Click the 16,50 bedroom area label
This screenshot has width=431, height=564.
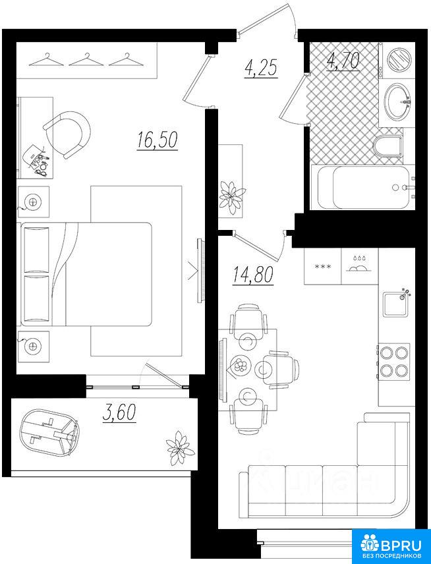[158, 140]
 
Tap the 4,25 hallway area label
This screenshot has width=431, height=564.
[261, 68]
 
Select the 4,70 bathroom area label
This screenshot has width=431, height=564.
[343, 61]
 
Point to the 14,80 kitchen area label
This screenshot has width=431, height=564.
[253, 275]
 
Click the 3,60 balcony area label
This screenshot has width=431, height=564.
[119, 412]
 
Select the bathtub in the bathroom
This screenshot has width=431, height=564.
[362, 187]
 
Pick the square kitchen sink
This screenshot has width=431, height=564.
[396, 304]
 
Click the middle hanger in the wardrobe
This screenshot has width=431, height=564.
[86, 60]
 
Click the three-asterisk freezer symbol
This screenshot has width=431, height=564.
[322, 267]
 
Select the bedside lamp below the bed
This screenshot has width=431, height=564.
[33, 347]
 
